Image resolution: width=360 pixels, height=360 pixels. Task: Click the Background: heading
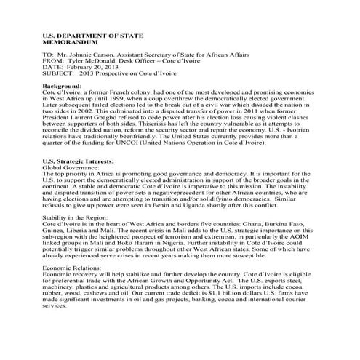[63, 86]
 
